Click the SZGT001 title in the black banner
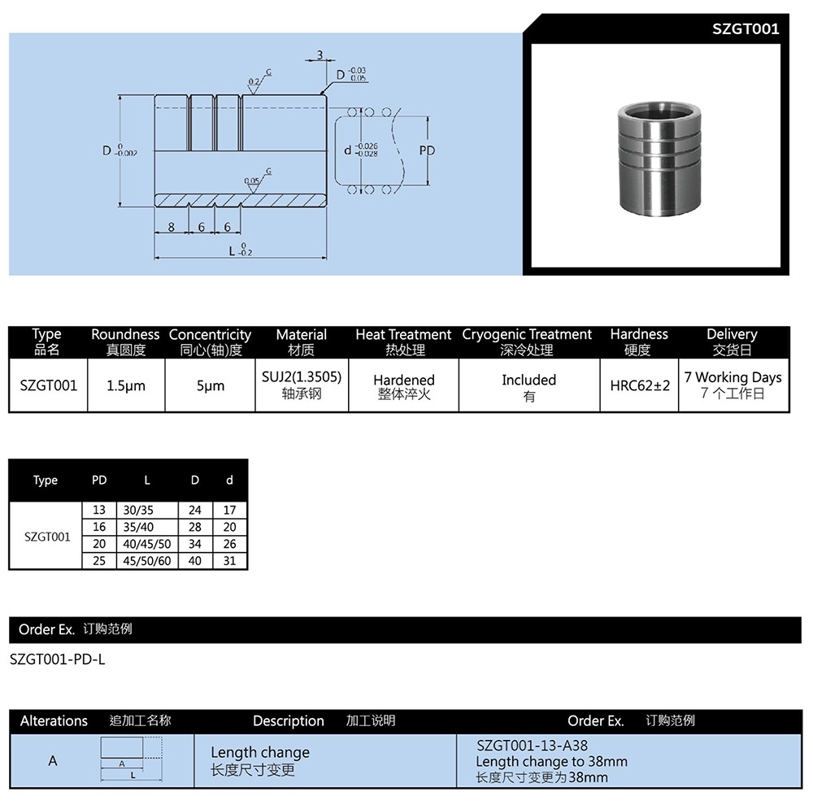745,29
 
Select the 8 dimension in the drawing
172,228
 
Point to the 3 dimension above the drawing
320,55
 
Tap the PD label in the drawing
427,150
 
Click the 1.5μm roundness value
126,385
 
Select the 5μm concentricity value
210,385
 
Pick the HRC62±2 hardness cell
640,385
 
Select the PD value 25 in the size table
99,561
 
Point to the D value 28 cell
195,527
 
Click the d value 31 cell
230,561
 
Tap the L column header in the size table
147,481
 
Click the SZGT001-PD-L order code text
57,659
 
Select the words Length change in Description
260,752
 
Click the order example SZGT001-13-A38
532,745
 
